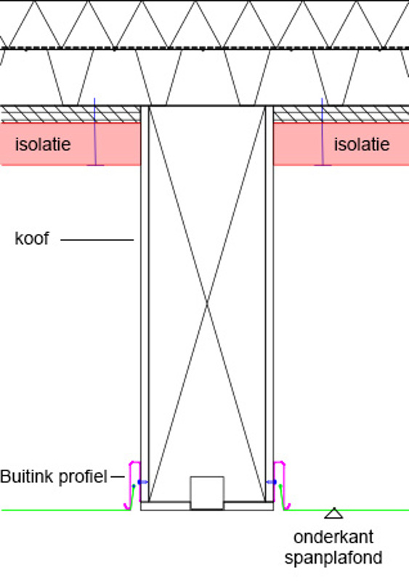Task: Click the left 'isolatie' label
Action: pos(43,144)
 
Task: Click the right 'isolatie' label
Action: pos(362,144)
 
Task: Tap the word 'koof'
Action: pos(31,238)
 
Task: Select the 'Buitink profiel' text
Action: pos(54,477)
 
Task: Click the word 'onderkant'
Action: pos(333,537)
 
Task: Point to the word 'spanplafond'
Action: pos(333,558)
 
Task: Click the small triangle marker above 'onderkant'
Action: pos(333,513)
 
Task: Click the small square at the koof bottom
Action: pos(207,493)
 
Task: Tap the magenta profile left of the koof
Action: pos(131,485)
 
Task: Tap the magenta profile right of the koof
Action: pos(283,485)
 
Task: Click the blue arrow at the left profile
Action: pos(143,482)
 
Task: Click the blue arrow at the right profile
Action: pos(272,482)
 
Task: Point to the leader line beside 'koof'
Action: pos(97,240)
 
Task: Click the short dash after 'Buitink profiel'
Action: pos(118,477)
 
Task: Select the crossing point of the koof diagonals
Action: pos(207,304)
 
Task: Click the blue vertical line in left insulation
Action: pos(95,131)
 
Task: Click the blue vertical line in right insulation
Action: pos(323,131)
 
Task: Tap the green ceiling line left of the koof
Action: pos(66,511)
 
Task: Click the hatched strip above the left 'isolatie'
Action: pos(70,114)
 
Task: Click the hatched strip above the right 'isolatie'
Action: pos(341,114)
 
